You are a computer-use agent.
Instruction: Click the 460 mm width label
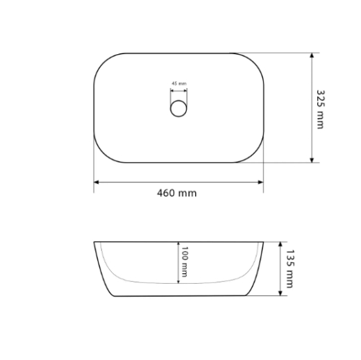tap(177, 193)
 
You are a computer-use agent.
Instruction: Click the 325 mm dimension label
tap(321, 110)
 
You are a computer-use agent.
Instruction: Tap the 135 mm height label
tap(289, 268)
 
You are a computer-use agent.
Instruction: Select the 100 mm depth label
tap(184, 262)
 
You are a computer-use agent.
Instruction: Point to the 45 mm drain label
tap(179, 83)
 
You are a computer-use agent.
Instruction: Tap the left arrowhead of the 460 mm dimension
tap(96, 182)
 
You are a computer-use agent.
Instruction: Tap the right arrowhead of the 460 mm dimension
tap(261, 182)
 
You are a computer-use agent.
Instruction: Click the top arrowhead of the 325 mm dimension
tap(312, 55)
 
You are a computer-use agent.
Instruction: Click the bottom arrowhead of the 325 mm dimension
tap(312, 160)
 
